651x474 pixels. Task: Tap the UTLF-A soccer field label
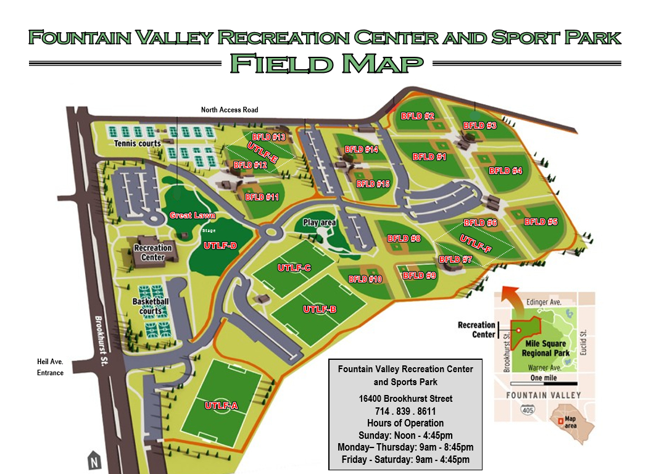point(221,405)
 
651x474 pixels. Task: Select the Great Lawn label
point(193,216)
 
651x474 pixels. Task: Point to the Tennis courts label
point(137,144)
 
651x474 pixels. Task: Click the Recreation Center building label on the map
point(152,252)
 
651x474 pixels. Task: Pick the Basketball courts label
point(151,306)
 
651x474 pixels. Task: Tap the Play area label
point(318,223)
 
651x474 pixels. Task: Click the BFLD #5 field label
point(541,222)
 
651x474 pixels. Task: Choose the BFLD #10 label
point(365,279)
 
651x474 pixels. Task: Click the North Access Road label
point(230,110)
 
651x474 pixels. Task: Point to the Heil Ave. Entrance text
point(50,367)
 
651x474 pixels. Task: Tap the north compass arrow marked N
point(93,460)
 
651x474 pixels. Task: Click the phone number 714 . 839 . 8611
point(405,410)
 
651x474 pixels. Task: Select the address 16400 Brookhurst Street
point(405,399)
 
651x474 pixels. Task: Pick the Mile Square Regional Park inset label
point(544,348)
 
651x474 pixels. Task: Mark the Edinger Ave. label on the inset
point(544,302)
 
